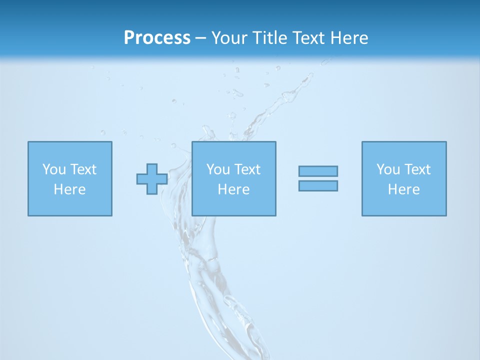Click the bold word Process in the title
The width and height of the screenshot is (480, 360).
click(157, 38)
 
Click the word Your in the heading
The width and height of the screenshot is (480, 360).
click(230, 38)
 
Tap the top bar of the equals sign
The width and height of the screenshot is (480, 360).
click(318, 171)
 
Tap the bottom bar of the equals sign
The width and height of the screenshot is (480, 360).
click(318, 185)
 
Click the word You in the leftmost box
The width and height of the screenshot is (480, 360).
click(54, 169)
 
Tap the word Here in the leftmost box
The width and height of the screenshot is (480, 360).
click(69, 189)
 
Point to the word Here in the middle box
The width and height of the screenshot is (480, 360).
click(233, 189)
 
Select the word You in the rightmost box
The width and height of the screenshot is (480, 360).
click(388, 169)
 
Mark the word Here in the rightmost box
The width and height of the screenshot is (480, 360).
click(403, 189)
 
